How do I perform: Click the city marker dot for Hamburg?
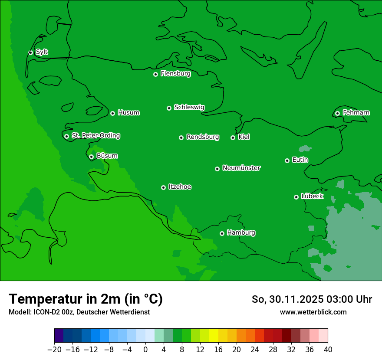[222, 233]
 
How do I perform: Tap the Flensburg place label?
[175, 74]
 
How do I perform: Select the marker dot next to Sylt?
[30, 52]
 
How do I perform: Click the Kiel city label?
[244, 137]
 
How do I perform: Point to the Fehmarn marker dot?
[337, 113]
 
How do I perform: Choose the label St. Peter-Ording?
[95, 136]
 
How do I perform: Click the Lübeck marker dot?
[296, 197]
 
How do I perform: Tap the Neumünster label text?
[241, 168]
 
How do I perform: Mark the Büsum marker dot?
[91, 157]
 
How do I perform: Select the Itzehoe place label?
[180, 187]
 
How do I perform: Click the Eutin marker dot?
[287, 160]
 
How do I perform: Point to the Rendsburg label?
[203, 137]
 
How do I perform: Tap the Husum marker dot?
[112, 113]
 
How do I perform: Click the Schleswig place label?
[189, 107]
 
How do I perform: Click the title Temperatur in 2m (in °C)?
[86, 299]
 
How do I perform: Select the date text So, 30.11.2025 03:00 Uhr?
[312, 299]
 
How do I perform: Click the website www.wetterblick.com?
[313, 312]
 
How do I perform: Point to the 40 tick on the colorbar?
[328, 350]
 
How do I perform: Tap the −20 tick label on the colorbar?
[54, 350]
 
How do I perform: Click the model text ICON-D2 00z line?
[79, 312]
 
